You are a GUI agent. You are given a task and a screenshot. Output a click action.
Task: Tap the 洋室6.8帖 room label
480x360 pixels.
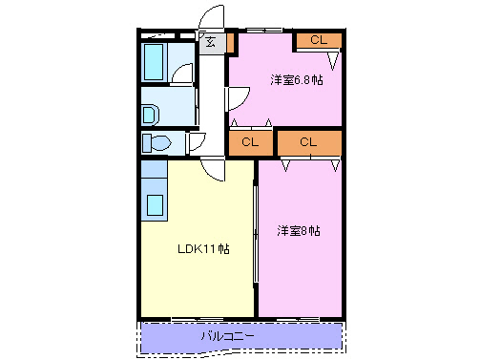295,80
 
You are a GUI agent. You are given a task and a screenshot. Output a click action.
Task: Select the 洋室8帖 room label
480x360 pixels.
299,231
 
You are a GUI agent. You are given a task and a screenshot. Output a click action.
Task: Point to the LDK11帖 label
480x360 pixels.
201,249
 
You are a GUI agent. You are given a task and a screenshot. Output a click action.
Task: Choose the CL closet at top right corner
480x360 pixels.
318,40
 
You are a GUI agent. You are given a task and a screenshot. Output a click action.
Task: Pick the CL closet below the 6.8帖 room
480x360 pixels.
250,142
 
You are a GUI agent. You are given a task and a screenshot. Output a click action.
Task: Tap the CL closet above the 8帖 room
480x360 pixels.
308,142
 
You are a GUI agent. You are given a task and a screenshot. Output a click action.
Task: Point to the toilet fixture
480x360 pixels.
157,143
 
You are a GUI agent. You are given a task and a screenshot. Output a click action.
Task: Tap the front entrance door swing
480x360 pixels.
212,19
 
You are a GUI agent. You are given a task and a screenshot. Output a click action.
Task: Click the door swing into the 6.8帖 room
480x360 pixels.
238,97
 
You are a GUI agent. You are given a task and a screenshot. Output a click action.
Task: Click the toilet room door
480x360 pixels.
195,142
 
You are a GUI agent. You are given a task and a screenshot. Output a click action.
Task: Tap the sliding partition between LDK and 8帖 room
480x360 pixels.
256,234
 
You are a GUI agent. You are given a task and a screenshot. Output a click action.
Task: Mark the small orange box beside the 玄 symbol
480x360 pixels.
230,41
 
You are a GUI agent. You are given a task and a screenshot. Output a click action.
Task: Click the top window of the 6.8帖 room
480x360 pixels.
263,29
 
